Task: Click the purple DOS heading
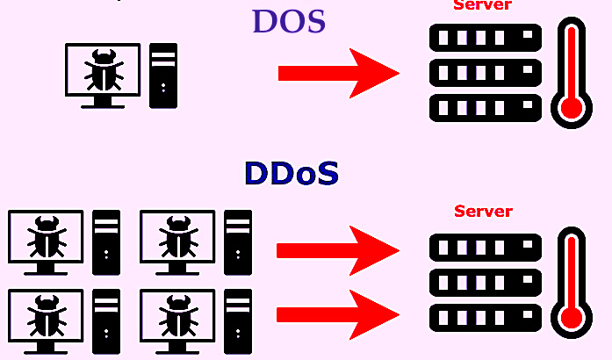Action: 289,22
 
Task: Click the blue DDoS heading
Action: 291,174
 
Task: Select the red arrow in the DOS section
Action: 338,73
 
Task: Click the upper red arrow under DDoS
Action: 337,250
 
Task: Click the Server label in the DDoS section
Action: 483,212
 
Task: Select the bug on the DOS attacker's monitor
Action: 103,69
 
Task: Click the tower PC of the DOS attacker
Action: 163,76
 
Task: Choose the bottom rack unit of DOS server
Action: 485,108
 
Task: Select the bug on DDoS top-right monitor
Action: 176,236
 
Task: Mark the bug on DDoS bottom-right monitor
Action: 176,314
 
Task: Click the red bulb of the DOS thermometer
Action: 572,108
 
